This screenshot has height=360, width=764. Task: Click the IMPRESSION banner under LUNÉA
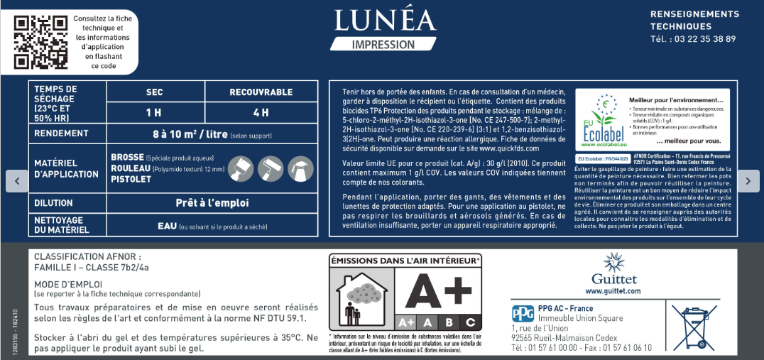tap(383, 44)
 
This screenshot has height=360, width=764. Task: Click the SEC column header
tap(155, 92)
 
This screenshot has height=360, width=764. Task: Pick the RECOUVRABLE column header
tap(261, 92)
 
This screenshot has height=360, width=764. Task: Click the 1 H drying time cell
tap(155, 112)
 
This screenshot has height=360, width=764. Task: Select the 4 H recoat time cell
tap(261, 112)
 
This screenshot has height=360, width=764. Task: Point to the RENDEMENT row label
tap(62, 133)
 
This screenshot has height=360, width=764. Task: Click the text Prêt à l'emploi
tap(212, 203)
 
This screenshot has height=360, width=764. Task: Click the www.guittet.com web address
tap(613, 291)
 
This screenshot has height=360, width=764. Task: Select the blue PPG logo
tap(522, 313)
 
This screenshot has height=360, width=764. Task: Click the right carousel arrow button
tap(748, 181)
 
